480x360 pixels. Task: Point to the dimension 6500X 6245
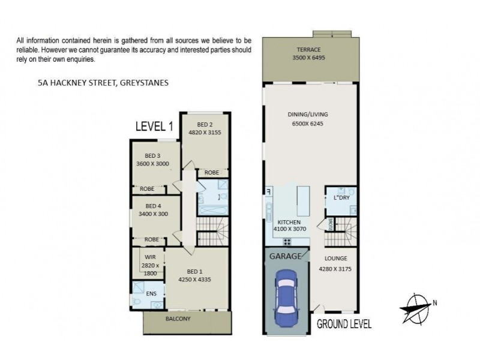coord(310,124)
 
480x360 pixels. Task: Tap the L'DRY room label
coord(341,197)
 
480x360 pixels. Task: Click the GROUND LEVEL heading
coord(344,325)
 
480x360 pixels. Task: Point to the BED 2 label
coord(205,125)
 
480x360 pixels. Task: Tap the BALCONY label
coord(178,319)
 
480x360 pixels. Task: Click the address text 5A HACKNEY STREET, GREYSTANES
coord(103,83)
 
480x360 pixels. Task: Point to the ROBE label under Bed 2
coord(211,172)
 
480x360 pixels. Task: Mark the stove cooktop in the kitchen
coord(287,242)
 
